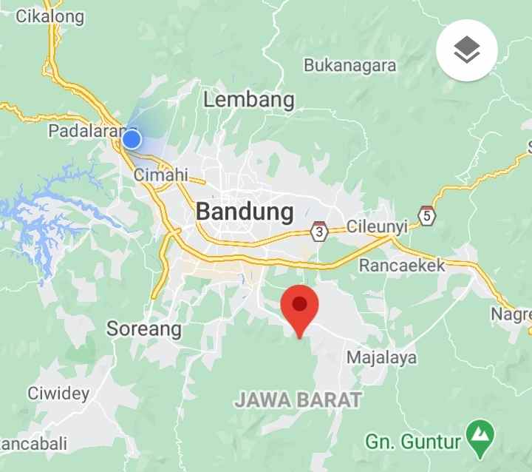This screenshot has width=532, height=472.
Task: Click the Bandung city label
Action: pyautogui.click(x=245, y=212)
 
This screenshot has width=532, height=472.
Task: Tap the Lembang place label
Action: pyautogui.click(x=249, y=100)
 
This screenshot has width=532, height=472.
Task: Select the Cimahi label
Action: pyautogui.click(x=160, y=176)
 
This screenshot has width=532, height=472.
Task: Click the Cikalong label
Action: pyautogui.click(x=50, y=16)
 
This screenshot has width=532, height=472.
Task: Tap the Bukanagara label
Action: pyautogui.click(x=350, y=65)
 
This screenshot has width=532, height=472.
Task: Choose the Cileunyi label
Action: pyautogui.click(x=377, y=227)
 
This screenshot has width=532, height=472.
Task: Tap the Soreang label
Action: pyautogui.click(x=144, y=328)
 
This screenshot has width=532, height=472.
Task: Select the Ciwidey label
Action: pyautogui.click(x=58, y=393)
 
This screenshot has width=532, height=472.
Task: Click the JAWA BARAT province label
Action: pyautogui.click(x=299, y=400)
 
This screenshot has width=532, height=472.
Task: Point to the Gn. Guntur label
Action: pyautogui.click(x=413, y=442)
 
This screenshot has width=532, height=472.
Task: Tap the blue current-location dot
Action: pyautogui.click(x=132, y=139)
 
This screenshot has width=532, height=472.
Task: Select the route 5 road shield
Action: pyautogui.click(x=426, y=215)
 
